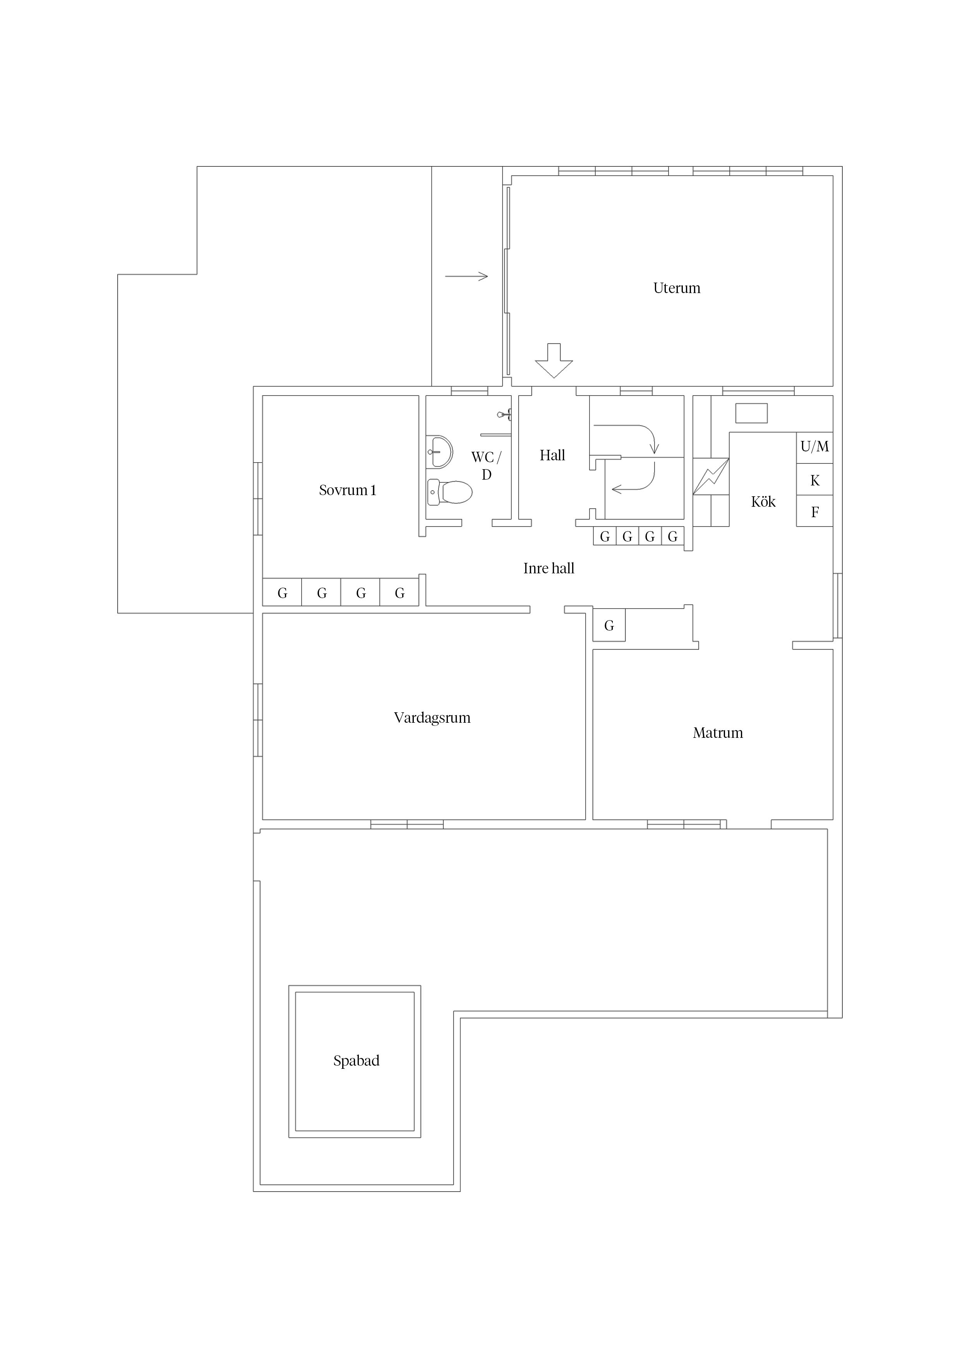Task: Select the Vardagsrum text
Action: [x=432, y=718]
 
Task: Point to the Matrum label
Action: [x=718, y=733]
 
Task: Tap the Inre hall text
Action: [x=549, y=568]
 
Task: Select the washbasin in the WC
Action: [x=439, y=452]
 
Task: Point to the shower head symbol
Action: [x=504, y=414]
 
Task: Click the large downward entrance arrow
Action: [x=554, y=360]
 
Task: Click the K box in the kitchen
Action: [x=814, y=480]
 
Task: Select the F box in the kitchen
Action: [x=814, y=511]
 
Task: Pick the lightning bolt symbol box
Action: [x=711, y=477]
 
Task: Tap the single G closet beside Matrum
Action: [x=609, y=625]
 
